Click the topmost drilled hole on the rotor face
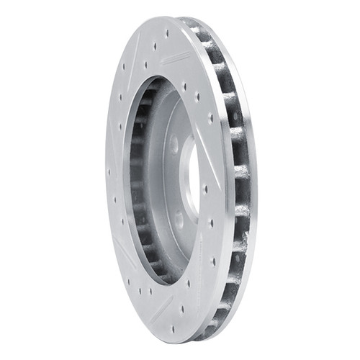pos(167,32)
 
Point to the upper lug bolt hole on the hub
pos(175,145)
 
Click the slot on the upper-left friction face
pos(122,108)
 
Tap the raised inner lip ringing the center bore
pos(184,180)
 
